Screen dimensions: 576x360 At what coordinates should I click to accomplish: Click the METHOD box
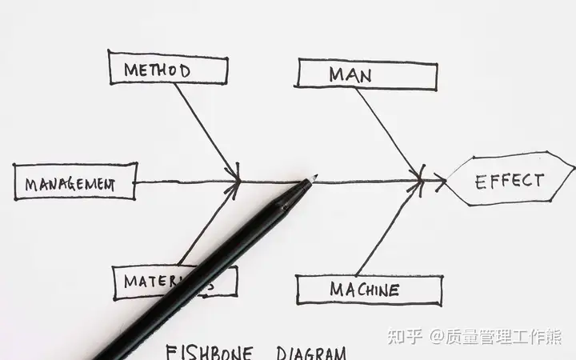point(167,69)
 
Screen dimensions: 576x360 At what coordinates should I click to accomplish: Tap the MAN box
point(367,75)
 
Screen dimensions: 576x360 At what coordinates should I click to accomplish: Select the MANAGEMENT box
point(75,182)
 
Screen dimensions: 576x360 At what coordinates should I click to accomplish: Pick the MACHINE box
point(369,290)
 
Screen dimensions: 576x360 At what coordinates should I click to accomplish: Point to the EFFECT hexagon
point(509,180)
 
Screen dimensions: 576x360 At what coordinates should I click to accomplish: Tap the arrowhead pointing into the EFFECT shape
point(440,182)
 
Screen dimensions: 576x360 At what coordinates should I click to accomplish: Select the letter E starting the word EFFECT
point(482,181)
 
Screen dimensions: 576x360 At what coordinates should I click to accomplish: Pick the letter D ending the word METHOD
point(185,70)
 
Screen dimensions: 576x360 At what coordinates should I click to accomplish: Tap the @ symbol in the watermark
point(438,337)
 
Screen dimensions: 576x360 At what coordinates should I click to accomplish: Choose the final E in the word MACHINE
point(393,290)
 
